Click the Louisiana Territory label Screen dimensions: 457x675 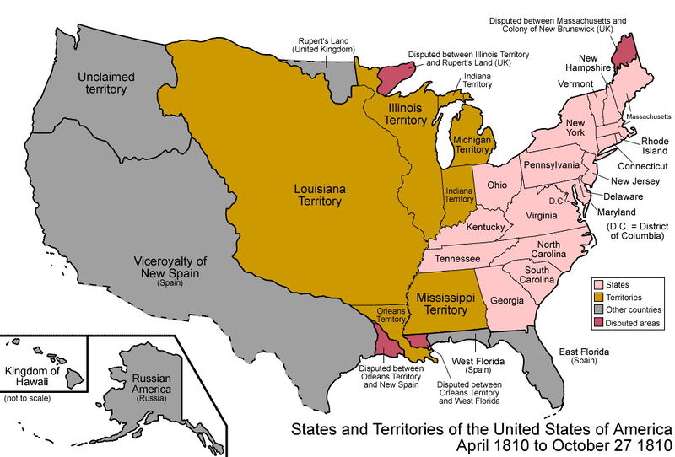318,195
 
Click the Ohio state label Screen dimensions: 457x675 497,184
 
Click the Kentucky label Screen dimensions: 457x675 485,228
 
